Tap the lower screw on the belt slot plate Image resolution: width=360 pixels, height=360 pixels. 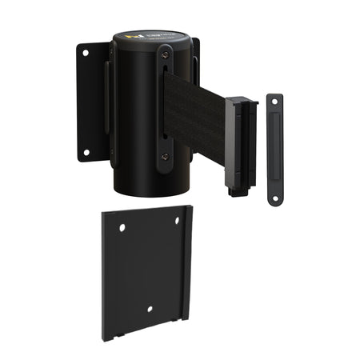point(164,158)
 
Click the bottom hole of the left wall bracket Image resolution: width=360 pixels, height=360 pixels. point(86,151)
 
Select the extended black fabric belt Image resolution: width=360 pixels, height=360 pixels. point(196,116)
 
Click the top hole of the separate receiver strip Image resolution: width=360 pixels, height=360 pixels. point(274,101)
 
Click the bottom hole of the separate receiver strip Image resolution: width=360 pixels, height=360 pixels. point(274,197)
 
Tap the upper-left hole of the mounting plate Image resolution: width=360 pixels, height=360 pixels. point(122,228)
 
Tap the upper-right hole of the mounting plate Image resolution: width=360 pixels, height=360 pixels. point(178,221)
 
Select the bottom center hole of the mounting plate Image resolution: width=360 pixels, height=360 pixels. point(150,309)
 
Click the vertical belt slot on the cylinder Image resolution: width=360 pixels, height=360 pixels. point(164,108)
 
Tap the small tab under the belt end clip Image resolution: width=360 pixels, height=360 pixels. point(234,190)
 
